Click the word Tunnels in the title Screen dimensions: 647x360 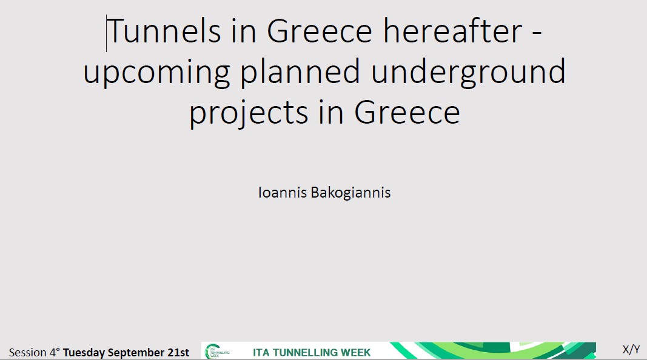tap(164, 30)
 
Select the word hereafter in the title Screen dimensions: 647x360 tap(452, 30)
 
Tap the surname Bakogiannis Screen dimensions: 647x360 tap(350, 193)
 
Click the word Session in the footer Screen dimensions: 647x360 tap(28, 353)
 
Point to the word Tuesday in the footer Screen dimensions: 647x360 tap(84, 353)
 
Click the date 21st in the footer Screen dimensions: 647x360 tap(178, 353)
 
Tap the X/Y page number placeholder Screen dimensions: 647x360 tap(631, 350)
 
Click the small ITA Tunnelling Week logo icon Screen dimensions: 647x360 tap(217, 351)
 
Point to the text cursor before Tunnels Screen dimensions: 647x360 tap(107, 33)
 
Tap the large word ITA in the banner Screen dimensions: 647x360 tap(261, 353)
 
